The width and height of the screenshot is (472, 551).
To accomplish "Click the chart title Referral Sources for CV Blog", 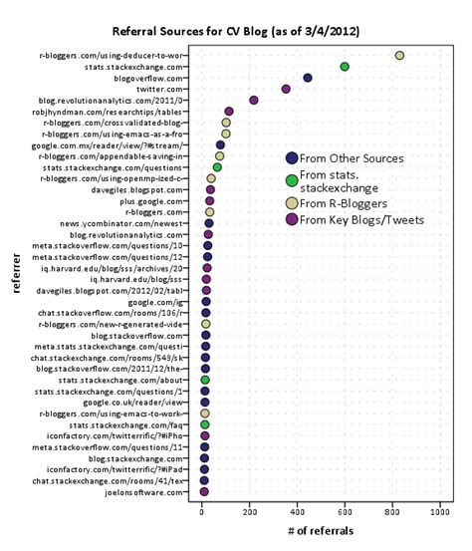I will point(235,32).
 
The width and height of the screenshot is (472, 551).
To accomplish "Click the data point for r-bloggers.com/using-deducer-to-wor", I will point(399,56).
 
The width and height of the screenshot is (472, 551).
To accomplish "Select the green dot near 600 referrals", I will point(345,67).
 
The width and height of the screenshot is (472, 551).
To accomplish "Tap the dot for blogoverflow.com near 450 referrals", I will point(308,78).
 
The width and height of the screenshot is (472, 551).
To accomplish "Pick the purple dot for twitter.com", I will point(286,89).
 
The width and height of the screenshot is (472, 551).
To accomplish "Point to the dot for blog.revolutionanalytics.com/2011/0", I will point(254,100).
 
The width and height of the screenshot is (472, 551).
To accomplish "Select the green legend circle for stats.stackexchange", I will point(292,180).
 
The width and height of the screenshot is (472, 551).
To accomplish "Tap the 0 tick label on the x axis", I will point(202,511).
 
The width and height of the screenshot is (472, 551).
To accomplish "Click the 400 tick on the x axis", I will point(297,511).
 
